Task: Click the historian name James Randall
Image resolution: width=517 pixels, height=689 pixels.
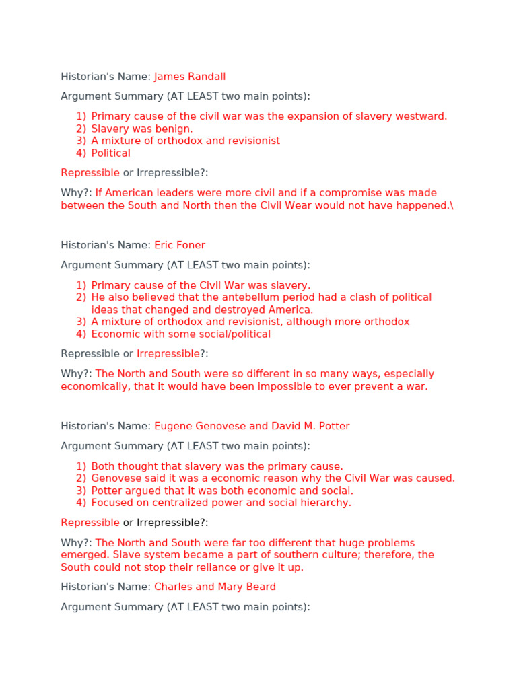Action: (190, 77)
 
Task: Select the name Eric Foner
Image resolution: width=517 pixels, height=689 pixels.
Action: (180, 245)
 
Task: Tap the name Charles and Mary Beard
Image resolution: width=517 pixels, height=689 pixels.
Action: (215, 587)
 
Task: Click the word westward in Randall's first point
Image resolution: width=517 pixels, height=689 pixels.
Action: (423, 116)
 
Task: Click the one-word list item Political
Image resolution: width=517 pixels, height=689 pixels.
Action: (110, 153)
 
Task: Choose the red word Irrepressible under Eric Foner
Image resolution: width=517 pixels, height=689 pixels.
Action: (168, 353)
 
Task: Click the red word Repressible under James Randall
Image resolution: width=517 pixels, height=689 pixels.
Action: (90, 173)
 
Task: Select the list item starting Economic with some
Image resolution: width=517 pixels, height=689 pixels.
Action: (180, 334)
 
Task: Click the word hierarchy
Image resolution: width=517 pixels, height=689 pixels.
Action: (328, 503)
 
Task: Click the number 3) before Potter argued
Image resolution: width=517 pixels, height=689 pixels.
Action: (81, 491)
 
